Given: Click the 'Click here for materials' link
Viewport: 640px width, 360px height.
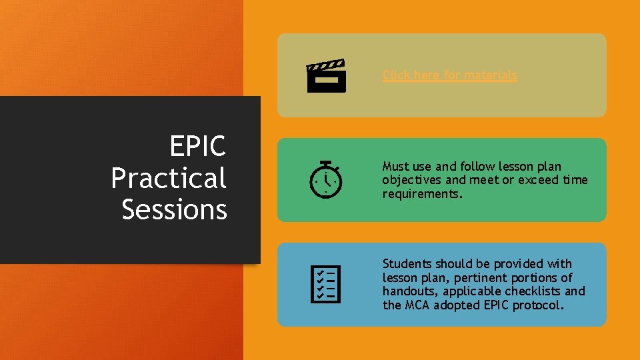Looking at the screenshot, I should tap(449, 75).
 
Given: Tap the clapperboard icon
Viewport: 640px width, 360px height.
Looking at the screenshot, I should tap(326, 75).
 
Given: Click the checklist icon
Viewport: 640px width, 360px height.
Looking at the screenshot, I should tap(326, 284).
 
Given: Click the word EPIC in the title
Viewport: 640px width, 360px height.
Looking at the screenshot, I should tap(197, 147).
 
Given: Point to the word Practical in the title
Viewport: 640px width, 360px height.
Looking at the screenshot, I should tap(169, 178).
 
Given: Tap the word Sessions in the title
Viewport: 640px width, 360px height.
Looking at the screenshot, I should tap(175, 209).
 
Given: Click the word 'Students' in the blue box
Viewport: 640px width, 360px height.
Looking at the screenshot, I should tap(407, 264).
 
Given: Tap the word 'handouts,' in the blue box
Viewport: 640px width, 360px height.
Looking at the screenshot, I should tap(409, 291).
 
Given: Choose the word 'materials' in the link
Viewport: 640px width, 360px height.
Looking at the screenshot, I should tap(490, 75).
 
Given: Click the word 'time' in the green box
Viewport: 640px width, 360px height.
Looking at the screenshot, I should tap(575, 180).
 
